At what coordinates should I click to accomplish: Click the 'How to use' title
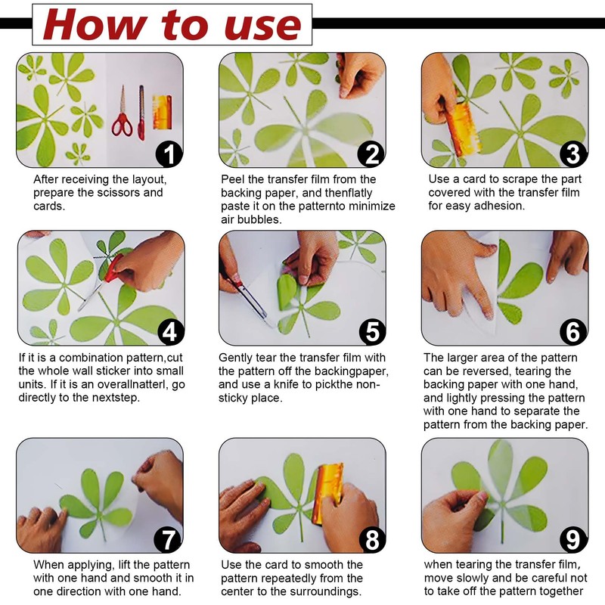[172, 25]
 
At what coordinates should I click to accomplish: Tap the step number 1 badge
[169, 154]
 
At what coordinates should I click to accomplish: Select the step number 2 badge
[371, 154]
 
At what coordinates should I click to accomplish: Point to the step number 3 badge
[573, 154]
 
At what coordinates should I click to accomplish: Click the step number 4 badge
[170, 331]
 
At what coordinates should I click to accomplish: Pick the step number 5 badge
[372, 331]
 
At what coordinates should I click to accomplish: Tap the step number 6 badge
[573, 331]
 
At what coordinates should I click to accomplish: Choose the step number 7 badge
[168, 539]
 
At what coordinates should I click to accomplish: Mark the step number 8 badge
[371, 539]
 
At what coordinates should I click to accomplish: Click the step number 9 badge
[573, 539]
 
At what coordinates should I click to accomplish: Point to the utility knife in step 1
[141, 112]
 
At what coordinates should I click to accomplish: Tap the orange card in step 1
[163, 112]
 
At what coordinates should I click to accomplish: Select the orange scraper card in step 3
[462, 129]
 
